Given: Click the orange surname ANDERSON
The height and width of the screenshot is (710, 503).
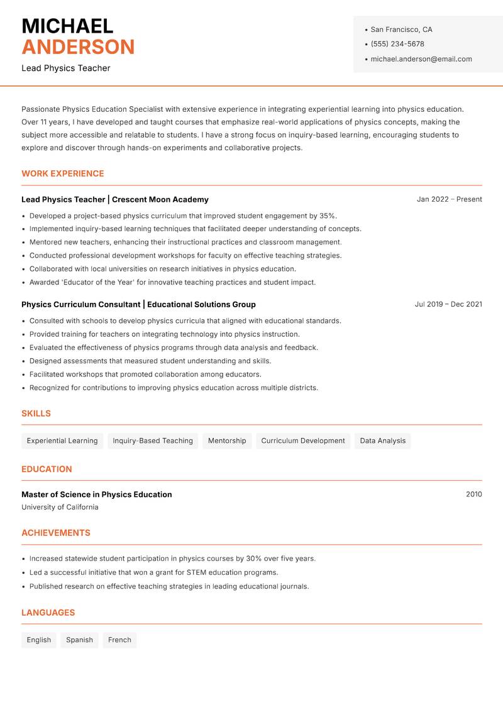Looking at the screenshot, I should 78,47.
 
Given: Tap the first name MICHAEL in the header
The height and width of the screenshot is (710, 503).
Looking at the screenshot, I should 67,26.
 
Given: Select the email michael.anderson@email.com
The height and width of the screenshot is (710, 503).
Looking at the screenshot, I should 421,59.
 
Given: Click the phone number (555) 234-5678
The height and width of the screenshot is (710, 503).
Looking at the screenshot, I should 397,44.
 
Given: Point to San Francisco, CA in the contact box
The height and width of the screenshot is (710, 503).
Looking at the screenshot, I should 401,30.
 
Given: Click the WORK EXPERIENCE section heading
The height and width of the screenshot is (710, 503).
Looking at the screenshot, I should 63,173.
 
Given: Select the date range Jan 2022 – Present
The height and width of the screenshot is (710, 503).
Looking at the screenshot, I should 449,199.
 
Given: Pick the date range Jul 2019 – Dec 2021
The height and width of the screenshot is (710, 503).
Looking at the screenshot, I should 448,304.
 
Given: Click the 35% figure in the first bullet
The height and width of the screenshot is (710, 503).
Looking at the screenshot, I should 328,216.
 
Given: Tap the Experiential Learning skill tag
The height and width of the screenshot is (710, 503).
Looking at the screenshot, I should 62,441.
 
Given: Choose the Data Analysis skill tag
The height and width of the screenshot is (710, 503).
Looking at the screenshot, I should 382,441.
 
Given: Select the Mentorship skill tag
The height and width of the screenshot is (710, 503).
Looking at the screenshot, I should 227,441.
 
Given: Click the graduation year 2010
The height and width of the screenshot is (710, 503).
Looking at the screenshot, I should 473,494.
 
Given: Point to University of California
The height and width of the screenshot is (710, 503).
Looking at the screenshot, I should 60,507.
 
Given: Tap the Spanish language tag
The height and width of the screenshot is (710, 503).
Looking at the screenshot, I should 79,640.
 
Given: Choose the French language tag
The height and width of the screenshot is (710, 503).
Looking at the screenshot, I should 119,640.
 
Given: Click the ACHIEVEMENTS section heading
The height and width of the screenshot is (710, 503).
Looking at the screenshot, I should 56,533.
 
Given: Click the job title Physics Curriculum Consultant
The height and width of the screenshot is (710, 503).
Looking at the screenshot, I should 80,304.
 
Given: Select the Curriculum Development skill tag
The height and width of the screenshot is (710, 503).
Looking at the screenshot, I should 303,441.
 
